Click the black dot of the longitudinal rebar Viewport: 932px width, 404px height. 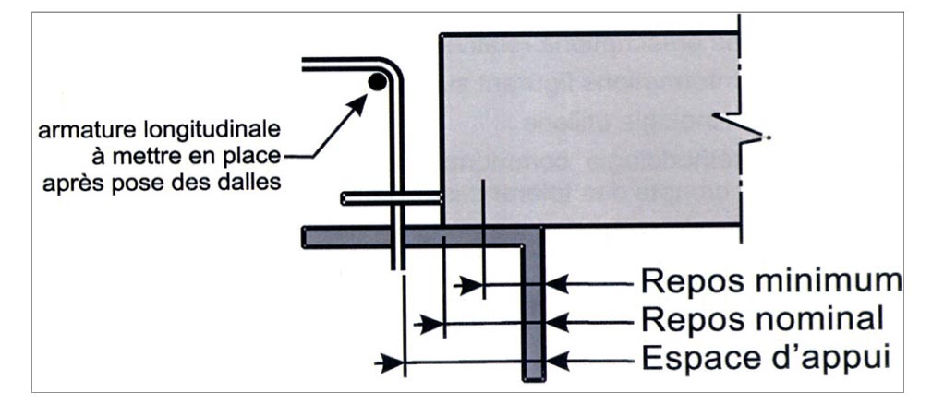[x=377, y=82]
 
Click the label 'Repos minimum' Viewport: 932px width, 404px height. [x=770, y=279]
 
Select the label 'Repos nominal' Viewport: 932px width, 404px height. [x=762, y=319]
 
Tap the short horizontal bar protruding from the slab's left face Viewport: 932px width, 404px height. [x=390, y=197]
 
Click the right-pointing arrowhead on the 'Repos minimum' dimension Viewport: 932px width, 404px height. [x=472, y=286]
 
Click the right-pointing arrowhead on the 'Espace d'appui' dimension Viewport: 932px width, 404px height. [x=392, y=362]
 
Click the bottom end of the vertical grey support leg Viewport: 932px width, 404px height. [x=535, y=376]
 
